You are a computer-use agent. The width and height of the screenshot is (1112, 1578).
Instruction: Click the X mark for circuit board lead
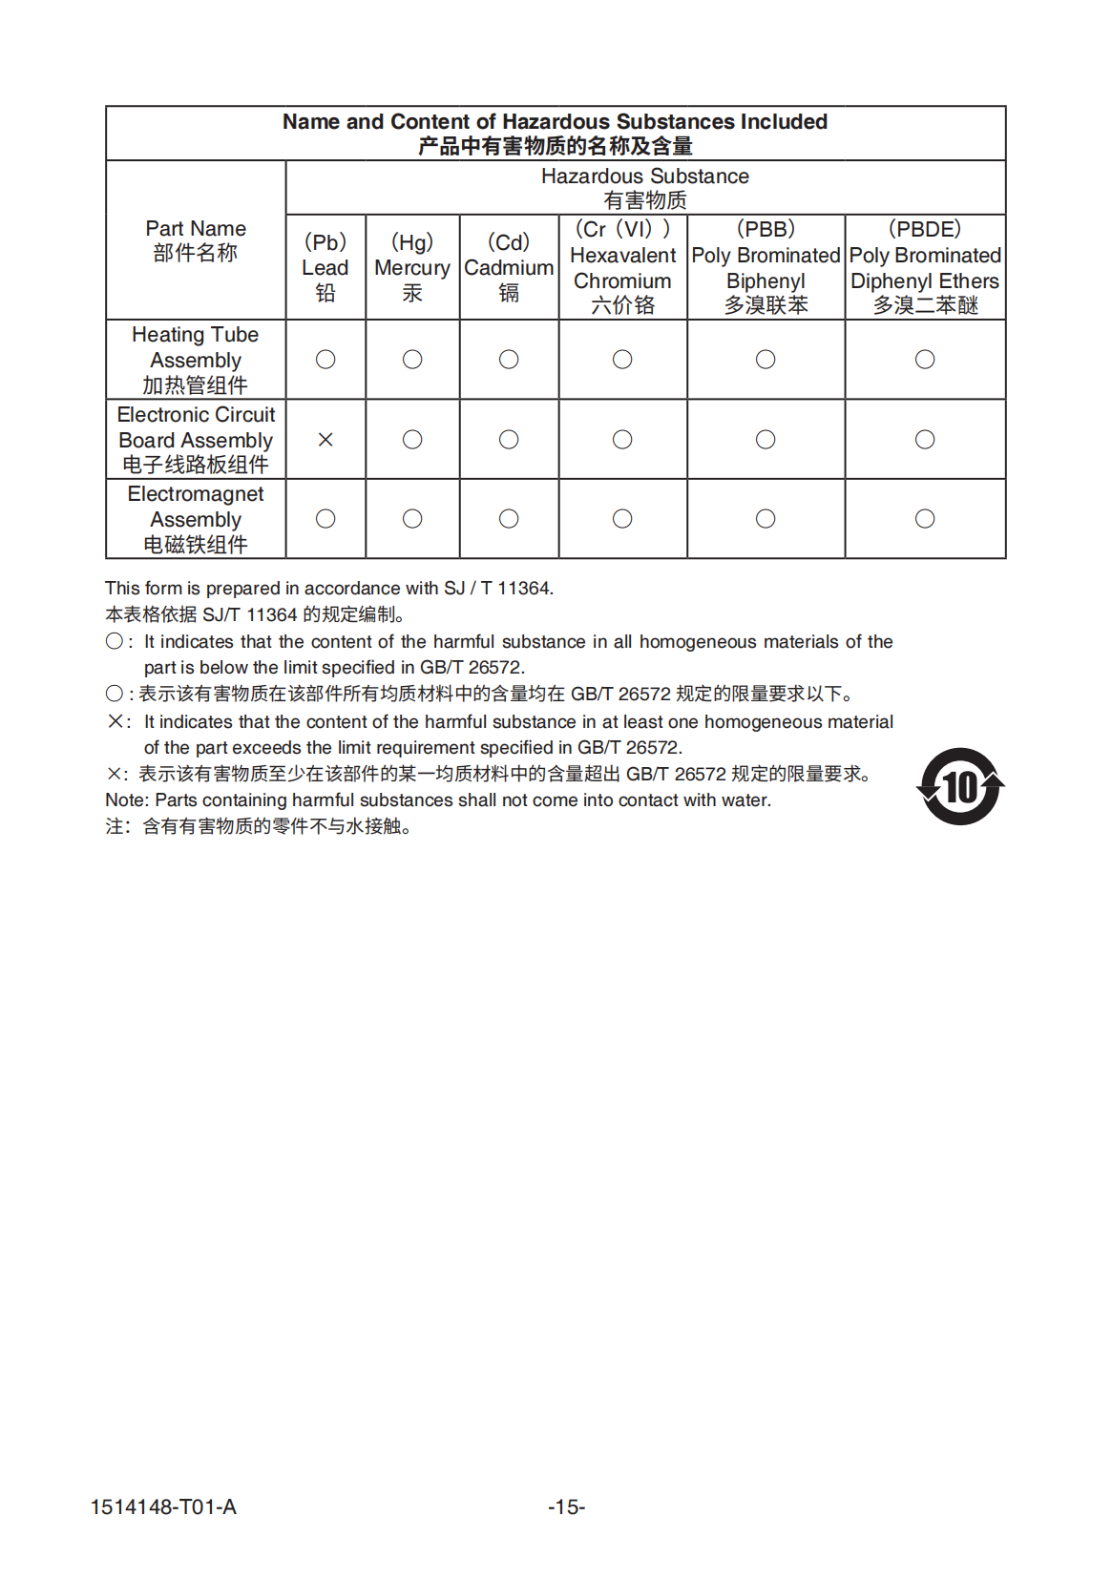click(325, 440)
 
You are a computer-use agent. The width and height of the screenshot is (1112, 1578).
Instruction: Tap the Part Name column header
click(196, 240)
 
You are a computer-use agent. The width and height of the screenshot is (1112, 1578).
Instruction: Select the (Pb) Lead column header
click(325, 267)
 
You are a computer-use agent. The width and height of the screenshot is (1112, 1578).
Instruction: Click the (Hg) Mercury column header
click(412, 267)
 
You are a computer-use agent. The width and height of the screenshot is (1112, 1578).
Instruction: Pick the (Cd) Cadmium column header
click(509, 267)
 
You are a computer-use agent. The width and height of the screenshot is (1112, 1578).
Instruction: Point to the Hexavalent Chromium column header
click(622, 267)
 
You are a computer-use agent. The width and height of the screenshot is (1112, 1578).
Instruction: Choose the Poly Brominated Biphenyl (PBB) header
click(766, 267)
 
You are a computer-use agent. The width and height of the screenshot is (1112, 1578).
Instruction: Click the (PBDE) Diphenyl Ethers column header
click(925, 267)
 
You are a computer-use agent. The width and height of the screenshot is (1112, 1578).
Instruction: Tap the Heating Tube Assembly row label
click(196, 360)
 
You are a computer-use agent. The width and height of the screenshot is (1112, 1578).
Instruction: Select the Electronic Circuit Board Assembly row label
click(196, 440)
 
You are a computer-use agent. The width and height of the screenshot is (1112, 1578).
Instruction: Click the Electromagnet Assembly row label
click(196, 519)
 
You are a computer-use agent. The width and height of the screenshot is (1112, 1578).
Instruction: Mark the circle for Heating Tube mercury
click(412, 360)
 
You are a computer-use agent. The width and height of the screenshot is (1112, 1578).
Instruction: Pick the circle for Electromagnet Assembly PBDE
click(925, 519)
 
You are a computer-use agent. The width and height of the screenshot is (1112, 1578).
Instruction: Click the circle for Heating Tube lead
click(325, 360)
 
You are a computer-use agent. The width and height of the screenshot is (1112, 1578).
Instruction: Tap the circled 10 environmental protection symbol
click(960, 787)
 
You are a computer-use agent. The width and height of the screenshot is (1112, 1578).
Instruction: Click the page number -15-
click(566, 1507)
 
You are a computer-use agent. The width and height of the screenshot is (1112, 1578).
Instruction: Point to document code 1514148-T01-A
click(163, 1507)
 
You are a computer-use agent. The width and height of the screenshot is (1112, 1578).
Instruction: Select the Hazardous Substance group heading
click(645, 187)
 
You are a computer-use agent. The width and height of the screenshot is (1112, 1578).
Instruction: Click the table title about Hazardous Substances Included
click(555, 133)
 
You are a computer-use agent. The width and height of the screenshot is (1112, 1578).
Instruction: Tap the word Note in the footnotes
click(126, 800)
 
